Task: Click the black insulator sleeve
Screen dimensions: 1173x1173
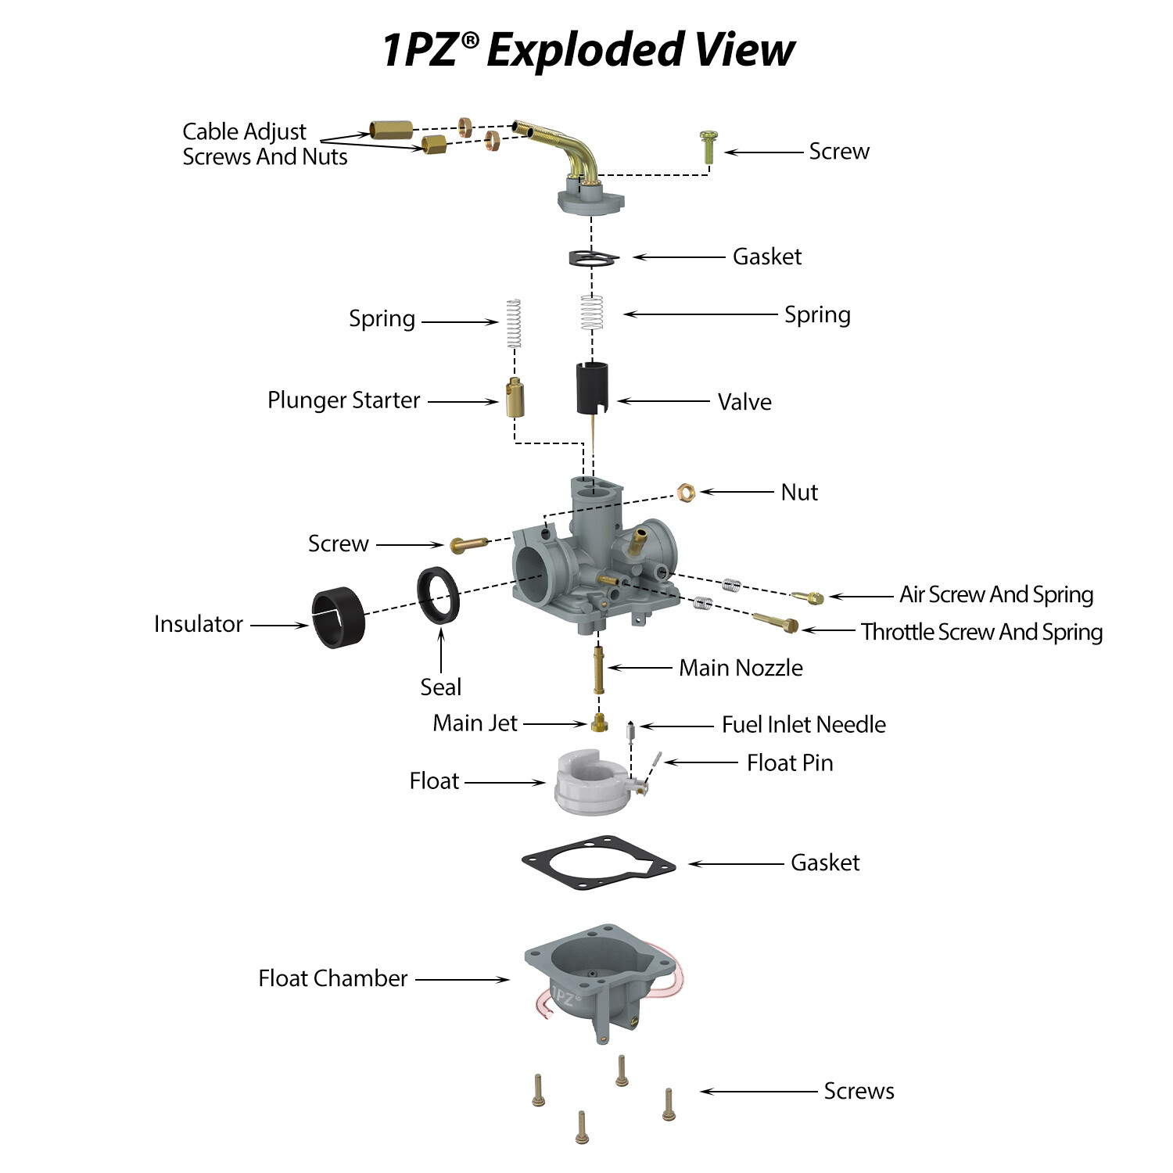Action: coord(338,617)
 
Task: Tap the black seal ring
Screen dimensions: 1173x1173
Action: coord(438,596)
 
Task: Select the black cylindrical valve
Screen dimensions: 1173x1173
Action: coord(592,388)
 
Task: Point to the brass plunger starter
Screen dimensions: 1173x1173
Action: coord(515,398)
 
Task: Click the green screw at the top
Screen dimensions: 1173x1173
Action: coord(708,147)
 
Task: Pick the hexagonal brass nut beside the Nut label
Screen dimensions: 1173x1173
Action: coord(686,492)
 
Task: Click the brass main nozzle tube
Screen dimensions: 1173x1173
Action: coord(599,669)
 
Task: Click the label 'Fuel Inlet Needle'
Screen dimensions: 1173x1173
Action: coord(803,725)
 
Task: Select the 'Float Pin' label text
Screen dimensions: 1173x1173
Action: coord(790,762)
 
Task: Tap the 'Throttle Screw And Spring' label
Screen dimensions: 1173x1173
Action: coord(981,632)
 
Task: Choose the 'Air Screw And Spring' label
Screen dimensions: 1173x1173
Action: coord(995,594)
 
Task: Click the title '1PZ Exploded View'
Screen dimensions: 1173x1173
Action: coord(588,50)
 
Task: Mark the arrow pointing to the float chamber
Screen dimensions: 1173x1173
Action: coord(462,979)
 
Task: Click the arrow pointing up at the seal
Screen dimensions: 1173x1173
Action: coord(441,650)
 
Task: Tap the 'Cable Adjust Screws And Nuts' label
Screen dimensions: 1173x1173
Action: coord(264,144)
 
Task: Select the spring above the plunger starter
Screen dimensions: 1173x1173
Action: coord(513,322)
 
